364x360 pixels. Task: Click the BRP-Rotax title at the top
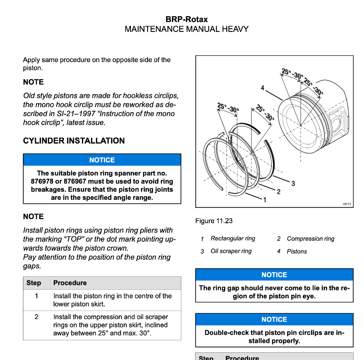click(186, 19)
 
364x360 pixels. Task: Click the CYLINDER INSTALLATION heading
click(74, 141)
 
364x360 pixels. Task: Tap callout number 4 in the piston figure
click(262, 88)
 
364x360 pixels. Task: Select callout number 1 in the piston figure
click(265, 199)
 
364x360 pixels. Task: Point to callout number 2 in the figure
click(279, 192)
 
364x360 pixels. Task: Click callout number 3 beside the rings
click(293, 184)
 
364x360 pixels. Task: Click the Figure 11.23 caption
click(214, 221)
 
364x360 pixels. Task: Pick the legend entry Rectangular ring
click(233, 238)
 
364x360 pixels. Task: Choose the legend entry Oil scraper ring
click(231, 251)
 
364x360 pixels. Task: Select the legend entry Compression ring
click(310, 238)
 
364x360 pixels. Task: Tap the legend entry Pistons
click(297, 251)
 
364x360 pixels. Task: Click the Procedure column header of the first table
click(70, 283)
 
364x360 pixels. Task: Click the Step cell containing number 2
click(36, 317)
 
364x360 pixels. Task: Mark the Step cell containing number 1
click(36, 296)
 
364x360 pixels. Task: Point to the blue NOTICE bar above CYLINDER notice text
click(102, 160)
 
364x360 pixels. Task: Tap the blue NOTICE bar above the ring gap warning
click(274, 275)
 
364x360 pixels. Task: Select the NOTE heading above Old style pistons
click(33, 82)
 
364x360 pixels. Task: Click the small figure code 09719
click(346, 204)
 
